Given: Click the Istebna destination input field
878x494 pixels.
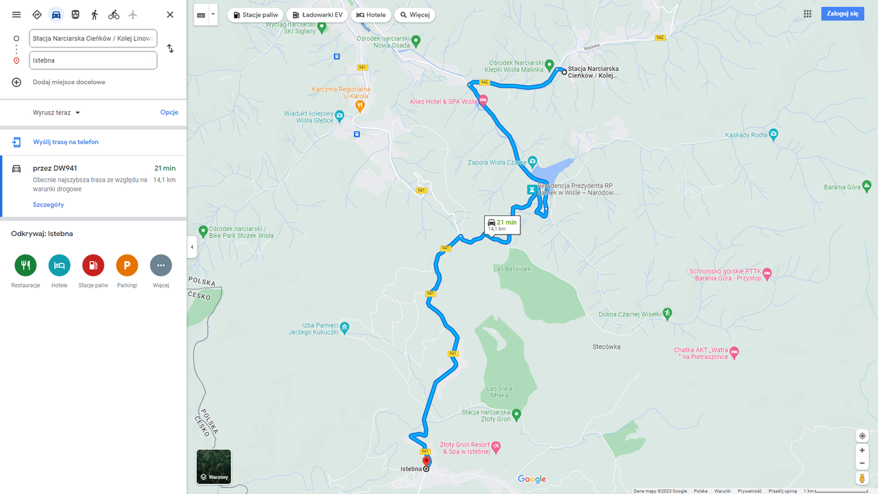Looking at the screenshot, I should [x=93, y=60].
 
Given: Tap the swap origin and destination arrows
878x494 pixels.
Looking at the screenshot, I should [x=170, y=49].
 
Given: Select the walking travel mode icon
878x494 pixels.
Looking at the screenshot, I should [x=95, y=14].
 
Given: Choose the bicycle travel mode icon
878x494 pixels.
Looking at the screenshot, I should [x=114, y=14].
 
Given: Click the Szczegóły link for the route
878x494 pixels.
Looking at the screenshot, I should [x=48, y=204].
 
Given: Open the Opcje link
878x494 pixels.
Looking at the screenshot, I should [x=169, y=113].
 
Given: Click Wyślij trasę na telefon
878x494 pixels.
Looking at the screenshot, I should [x=65, y=142].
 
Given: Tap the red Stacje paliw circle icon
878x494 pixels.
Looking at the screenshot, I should [x=93, y=266].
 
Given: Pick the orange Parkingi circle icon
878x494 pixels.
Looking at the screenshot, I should [x=127, y=266].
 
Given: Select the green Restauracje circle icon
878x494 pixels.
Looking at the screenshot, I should [x=25, y=266].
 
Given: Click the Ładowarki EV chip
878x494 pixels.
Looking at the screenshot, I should [x=317, y=14].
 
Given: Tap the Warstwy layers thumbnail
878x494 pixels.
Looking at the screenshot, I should [x=214, y=467].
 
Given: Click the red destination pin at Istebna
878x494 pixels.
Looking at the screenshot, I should [x=426, y=460].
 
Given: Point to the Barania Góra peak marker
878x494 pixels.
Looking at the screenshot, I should [x=867, y=186].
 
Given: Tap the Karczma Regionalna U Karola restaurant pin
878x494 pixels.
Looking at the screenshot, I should [x=360, y=106].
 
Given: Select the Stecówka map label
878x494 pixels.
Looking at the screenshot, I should [x=606, y=346].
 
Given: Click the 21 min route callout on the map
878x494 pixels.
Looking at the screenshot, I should [x=502, y=225].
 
